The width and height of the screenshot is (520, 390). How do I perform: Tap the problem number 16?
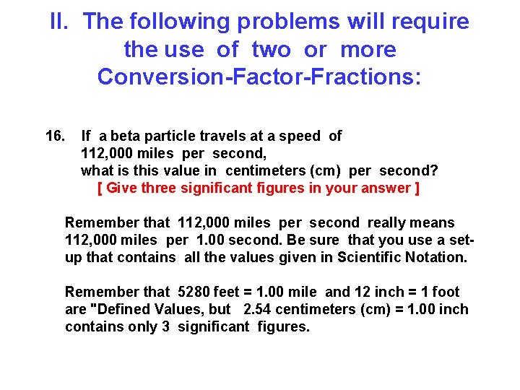[x=56, y=136]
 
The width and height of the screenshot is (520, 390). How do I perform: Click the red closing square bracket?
[x=417, y=188]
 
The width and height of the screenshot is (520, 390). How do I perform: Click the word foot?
[x=445, y=292]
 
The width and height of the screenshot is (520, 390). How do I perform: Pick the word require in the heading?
[x=428, y=22]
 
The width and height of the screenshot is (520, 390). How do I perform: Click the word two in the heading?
[x=272, y=49]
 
